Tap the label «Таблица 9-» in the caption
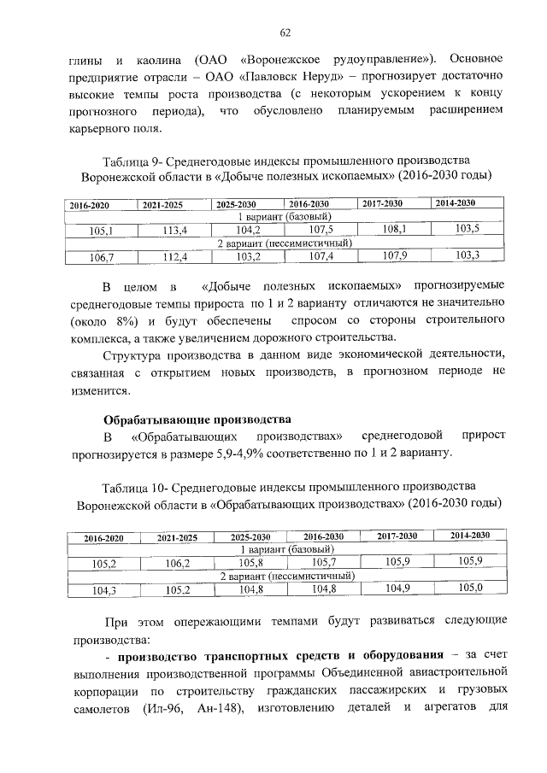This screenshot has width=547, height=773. click(131, 161)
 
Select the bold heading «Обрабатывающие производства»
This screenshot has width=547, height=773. click(197, 419)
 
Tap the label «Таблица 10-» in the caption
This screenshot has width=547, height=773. click(134, 487)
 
